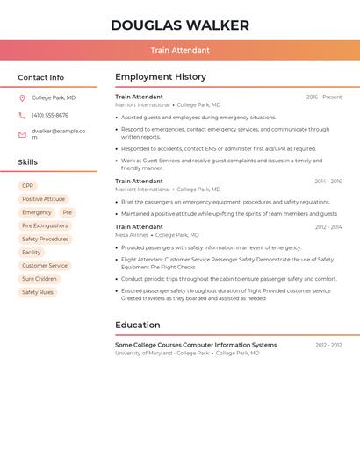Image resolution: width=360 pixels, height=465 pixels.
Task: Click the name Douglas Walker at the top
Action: coord(180,25)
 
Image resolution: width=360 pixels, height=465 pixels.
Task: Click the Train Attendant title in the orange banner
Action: coord(180,51)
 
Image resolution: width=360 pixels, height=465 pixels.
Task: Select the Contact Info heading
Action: coord(41,77)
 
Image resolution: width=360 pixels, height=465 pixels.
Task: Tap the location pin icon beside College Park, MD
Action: coord(23,98)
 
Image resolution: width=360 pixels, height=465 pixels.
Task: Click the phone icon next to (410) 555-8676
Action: coord(23,116)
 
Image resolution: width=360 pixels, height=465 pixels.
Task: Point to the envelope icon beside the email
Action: coord(23,134)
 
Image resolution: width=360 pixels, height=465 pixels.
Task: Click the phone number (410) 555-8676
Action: coord(50,116)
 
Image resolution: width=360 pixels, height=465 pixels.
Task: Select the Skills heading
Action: coord(28,162)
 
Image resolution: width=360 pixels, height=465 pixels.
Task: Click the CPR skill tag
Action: coord(28,186)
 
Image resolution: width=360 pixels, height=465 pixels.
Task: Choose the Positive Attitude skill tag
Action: coord(44,199)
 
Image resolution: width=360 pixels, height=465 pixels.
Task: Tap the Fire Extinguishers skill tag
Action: coord(45,225)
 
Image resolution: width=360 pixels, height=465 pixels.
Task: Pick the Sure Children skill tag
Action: coord(40,279)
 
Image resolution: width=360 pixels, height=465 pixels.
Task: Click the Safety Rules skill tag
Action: coord(38,292)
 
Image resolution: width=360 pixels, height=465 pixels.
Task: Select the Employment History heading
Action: coord(161,77)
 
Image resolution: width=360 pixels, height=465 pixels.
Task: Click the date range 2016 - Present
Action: coord(324,97)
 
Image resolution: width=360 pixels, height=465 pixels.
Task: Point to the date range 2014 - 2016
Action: coord(328,182)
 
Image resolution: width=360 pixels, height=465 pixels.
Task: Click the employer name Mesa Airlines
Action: coord(132,235)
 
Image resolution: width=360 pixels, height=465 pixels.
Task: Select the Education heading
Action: coord(138,325)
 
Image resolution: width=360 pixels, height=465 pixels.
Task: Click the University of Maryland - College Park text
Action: coord(162,353)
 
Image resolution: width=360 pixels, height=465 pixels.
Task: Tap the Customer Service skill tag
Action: coord(45,266)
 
